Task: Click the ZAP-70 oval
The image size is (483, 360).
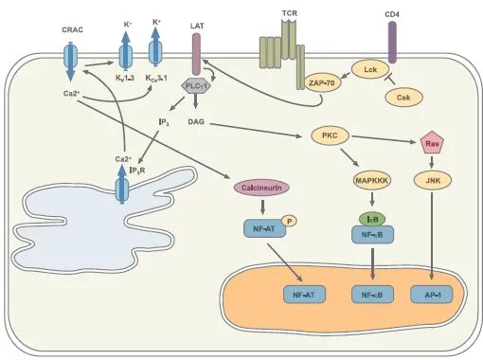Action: pyautogui.click(x=324, y=84)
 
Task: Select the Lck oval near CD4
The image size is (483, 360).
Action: pyautogui.click(x=368, y=68)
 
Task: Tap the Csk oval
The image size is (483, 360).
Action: pyautogui.click(x=401, y=97)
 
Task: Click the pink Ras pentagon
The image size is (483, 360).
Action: pyautogui.click(x=431, y=144)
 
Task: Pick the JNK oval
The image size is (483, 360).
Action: pyautogui.click(x=431, y=180)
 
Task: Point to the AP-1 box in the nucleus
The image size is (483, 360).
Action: pyautogui.click(x=431, y=296)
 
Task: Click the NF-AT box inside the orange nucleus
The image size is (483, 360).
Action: pyautogui.click(x=303, y=296)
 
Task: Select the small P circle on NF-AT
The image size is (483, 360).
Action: pyautogui.click(x=290, y=221)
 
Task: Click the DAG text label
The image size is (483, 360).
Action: pyautogui.click(x=197, y=122)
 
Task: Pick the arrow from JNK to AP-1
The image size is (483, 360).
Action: pyautogui.click(x=431, y=237)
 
